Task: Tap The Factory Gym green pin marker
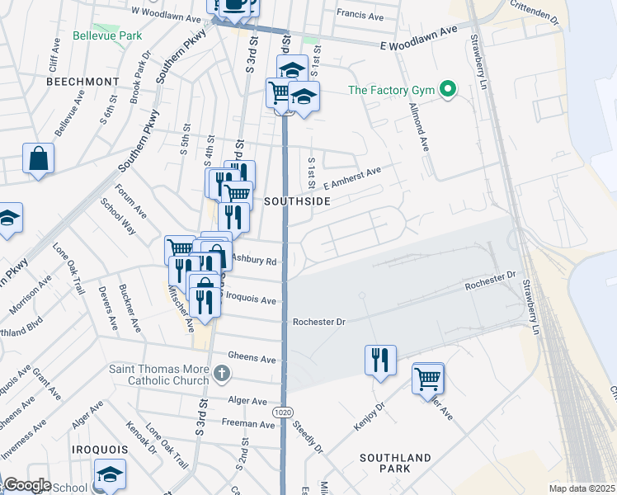(449, 89)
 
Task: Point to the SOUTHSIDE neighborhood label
(297, 201)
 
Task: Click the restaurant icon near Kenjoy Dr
(380, 360)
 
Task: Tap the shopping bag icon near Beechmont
(39, 158)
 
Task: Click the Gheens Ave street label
(257, 359)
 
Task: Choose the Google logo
(26, 485)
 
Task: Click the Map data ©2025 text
(582, 488)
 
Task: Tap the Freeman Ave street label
(247, 424)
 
